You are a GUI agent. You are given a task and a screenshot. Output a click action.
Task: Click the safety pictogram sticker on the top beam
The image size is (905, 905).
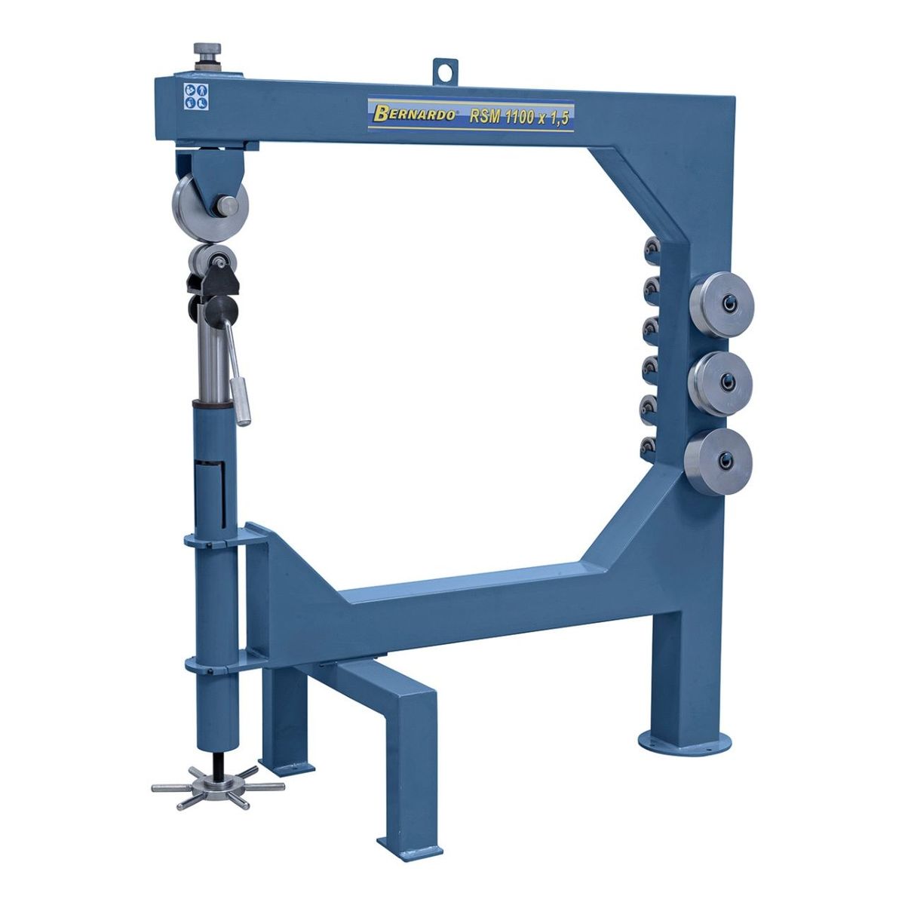196,97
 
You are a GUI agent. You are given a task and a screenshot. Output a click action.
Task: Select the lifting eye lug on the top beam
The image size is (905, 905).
444,72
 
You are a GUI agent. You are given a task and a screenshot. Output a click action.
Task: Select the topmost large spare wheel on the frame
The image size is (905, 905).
722,305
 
